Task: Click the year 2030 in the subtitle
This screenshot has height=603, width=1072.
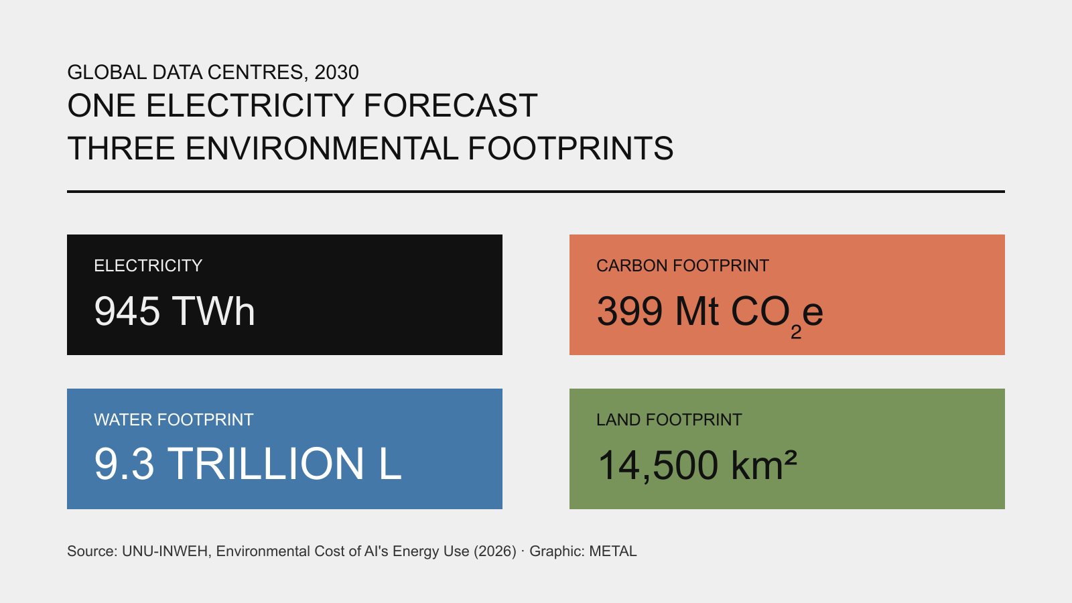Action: click(336, 72)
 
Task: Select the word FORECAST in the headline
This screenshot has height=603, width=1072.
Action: click(450, 106)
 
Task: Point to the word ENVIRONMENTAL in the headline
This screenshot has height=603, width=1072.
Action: click(322, 148)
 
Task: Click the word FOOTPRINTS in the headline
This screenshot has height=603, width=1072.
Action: click(570, 148)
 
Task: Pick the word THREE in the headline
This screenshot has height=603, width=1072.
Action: click(121, 148)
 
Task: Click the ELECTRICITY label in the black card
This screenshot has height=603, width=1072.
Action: click(148, 265)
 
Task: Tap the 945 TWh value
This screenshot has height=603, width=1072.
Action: click(175, 311)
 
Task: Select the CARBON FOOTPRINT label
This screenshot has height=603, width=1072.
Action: click(683, 265)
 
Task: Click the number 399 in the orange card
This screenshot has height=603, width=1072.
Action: click(630, 311)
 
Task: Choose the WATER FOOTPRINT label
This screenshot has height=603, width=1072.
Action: click(174, 419)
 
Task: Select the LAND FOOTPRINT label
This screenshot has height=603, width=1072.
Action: click(669, 419)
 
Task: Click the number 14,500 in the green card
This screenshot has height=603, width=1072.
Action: click(658, 465)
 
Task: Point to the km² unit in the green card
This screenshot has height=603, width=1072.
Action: click(764, 464)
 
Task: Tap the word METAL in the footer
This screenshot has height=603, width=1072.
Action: click(612, 551)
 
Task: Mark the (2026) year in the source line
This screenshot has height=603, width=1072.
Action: click(495, 551)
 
